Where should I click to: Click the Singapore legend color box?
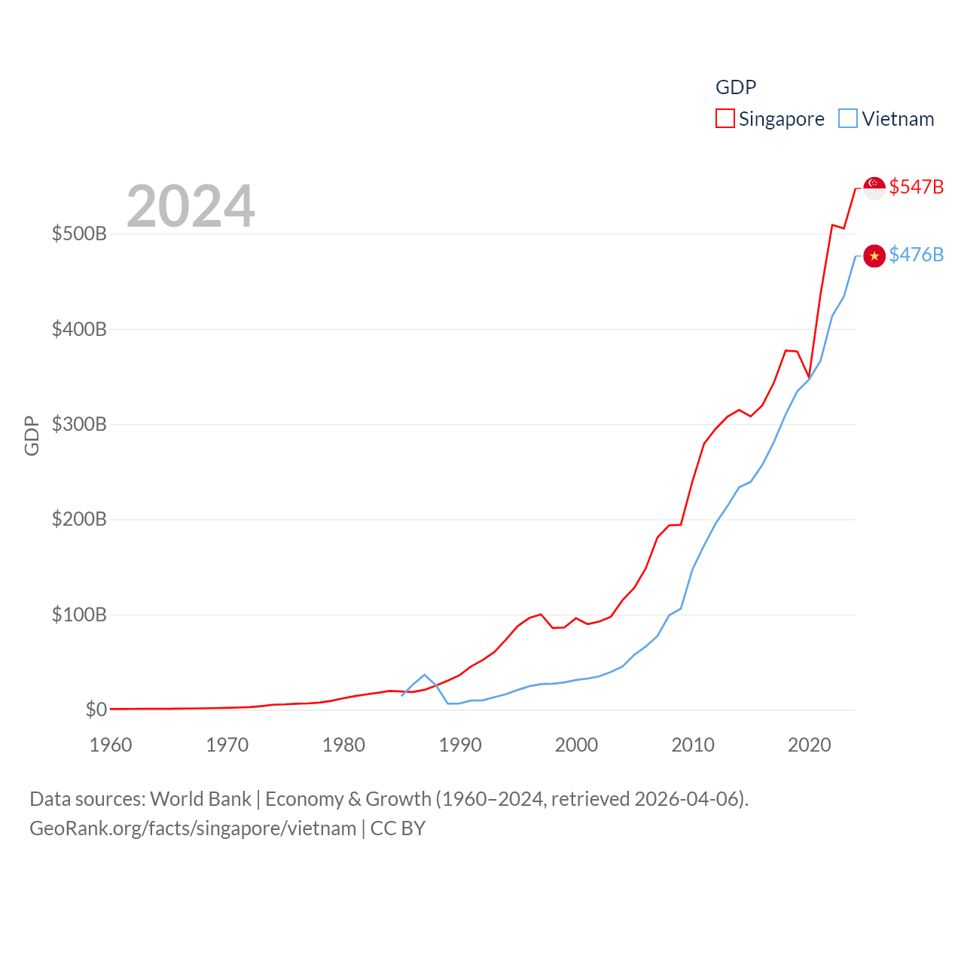pyautogui.click(x=725, y=119)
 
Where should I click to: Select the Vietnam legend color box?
pyautogui.click(x=848, y=119)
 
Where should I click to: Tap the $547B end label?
pyautogui.click(x=916, y=187)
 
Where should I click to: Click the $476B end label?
pyautogui.click(x=916, y=255)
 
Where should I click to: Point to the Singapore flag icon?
pyautogui.click(x=874, y=188)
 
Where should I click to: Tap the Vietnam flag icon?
pyautogui.click(x=874, y=256)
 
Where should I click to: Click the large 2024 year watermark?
pyautogui.click(x=191, y=206)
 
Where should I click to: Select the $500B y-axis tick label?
pyautogui.click(x=79, y=233)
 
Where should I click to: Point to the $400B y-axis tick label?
pyautogui.click(x=79, y=329)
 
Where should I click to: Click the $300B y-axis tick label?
pyautogui.click(x=79, y=424)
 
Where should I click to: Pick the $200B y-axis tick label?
pyautogui.click(x=79, y=519)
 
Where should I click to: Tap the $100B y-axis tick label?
pyautogui.click(x=79, y=615)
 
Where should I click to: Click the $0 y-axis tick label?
pyautogui.click(x=96, y=709)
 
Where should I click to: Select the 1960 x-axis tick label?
pyautogui.click(x=111, y=745)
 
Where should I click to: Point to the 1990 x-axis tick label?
pyautogui.click(x=460, y=745)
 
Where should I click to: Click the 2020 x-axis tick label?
pyautogui.click(x=810, y=745)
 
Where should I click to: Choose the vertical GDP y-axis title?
pyautogui.click(x=32, y=435)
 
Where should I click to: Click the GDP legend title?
pyautogui.click(x=736, y=87)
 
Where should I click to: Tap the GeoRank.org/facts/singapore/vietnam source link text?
pyautogui.click(x=193, y=828)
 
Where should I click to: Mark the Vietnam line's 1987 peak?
pyautogui.click(x=425, y=675)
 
